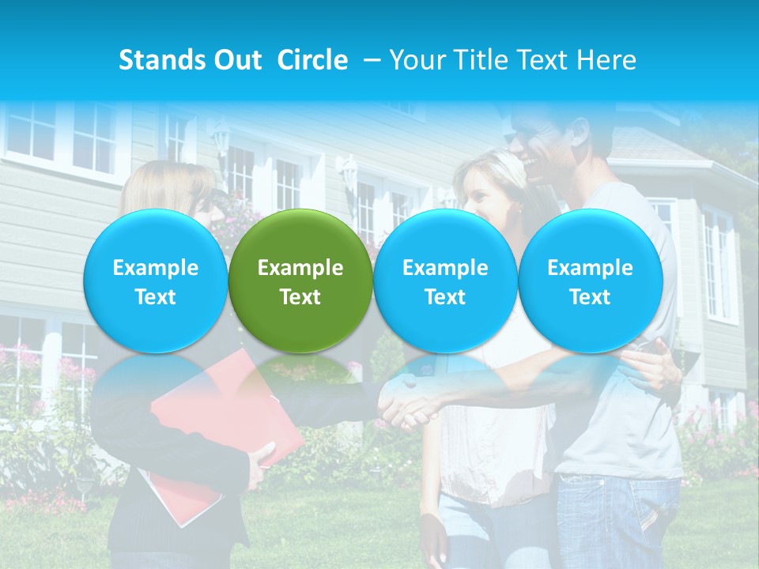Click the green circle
click(300, 281)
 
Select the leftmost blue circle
click(155, 281)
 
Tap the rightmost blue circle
click(590, 281)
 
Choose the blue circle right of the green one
click(445, 281)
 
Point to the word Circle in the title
click(312, 60)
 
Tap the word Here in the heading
click(606, 60)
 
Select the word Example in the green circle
click(300, 268)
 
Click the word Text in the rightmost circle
click(590, 297)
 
